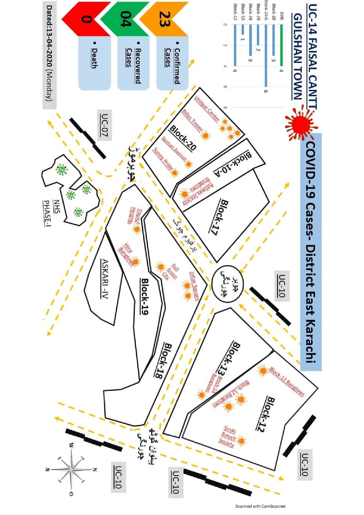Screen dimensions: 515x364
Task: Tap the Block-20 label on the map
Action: (x=183, y=138)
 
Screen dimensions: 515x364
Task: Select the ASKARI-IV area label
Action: (x=105, y=279)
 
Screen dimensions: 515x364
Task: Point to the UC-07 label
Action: (x=104, y=125)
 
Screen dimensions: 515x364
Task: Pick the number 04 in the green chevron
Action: (x=126, y=19)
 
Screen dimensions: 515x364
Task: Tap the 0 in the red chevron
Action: (x=87, y=19)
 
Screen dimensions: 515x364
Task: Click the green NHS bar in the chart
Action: (x=281, y=45)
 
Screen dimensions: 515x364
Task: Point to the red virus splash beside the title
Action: (x=300, y=124)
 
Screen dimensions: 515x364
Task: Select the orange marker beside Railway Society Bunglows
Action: (x=185, y=194)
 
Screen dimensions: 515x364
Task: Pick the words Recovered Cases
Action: (x=134, y=66)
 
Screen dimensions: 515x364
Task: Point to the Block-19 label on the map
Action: (x=144, y=297)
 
